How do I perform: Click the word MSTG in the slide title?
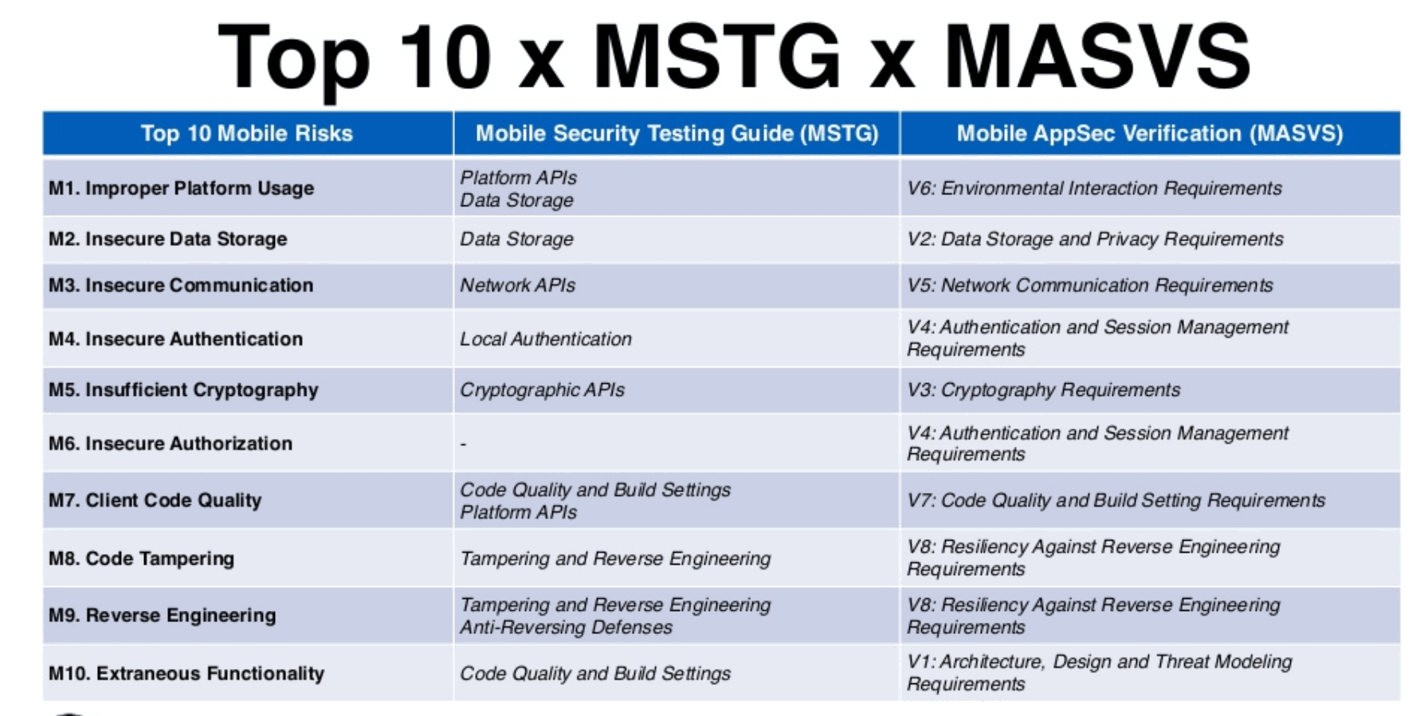click(x=717, y=56)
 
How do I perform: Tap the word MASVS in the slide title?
click(x=1097, y=56)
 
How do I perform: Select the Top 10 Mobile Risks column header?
click(x=247, y=133)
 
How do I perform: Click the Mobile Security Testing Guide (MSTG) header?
click(x=677, y=133)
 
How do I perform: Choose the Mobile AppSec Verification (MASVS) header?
click(x=1150, y=133)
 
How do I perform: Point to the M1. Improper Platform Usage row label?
click(x=182, y=189)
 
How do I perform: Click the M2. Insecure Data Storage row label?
click(x=168, y=239)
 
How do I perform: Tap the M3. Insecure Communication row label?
click(x=181, y=285)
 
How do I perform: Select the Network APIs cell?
click(x=517, y=285)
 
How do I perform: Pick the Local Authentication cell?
click(x=546, y=339)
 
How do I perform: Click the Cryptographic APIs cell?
click(x=542, y=390)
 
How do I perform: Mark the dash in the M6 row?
click(x=463, y=444)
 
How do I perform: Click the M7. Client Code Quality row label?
click(x=155, y=500)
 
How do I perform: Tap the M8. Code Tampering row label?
click(x=142, y=558)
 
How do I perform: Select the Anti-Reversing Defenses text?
click(x=566, y=628)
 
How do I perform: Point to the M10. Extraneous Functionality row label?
click(x=186, y=674)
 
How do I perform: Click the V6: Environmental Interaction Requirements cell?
click(x=1094, y=189)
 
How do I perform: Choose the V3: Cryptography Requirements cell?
click(x=1043, y=390)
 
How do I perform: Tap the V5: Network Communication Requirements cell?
click(x=1090, y=285)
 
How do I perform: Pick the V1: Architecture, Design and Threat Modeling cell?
click(x=1100, y=673)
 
